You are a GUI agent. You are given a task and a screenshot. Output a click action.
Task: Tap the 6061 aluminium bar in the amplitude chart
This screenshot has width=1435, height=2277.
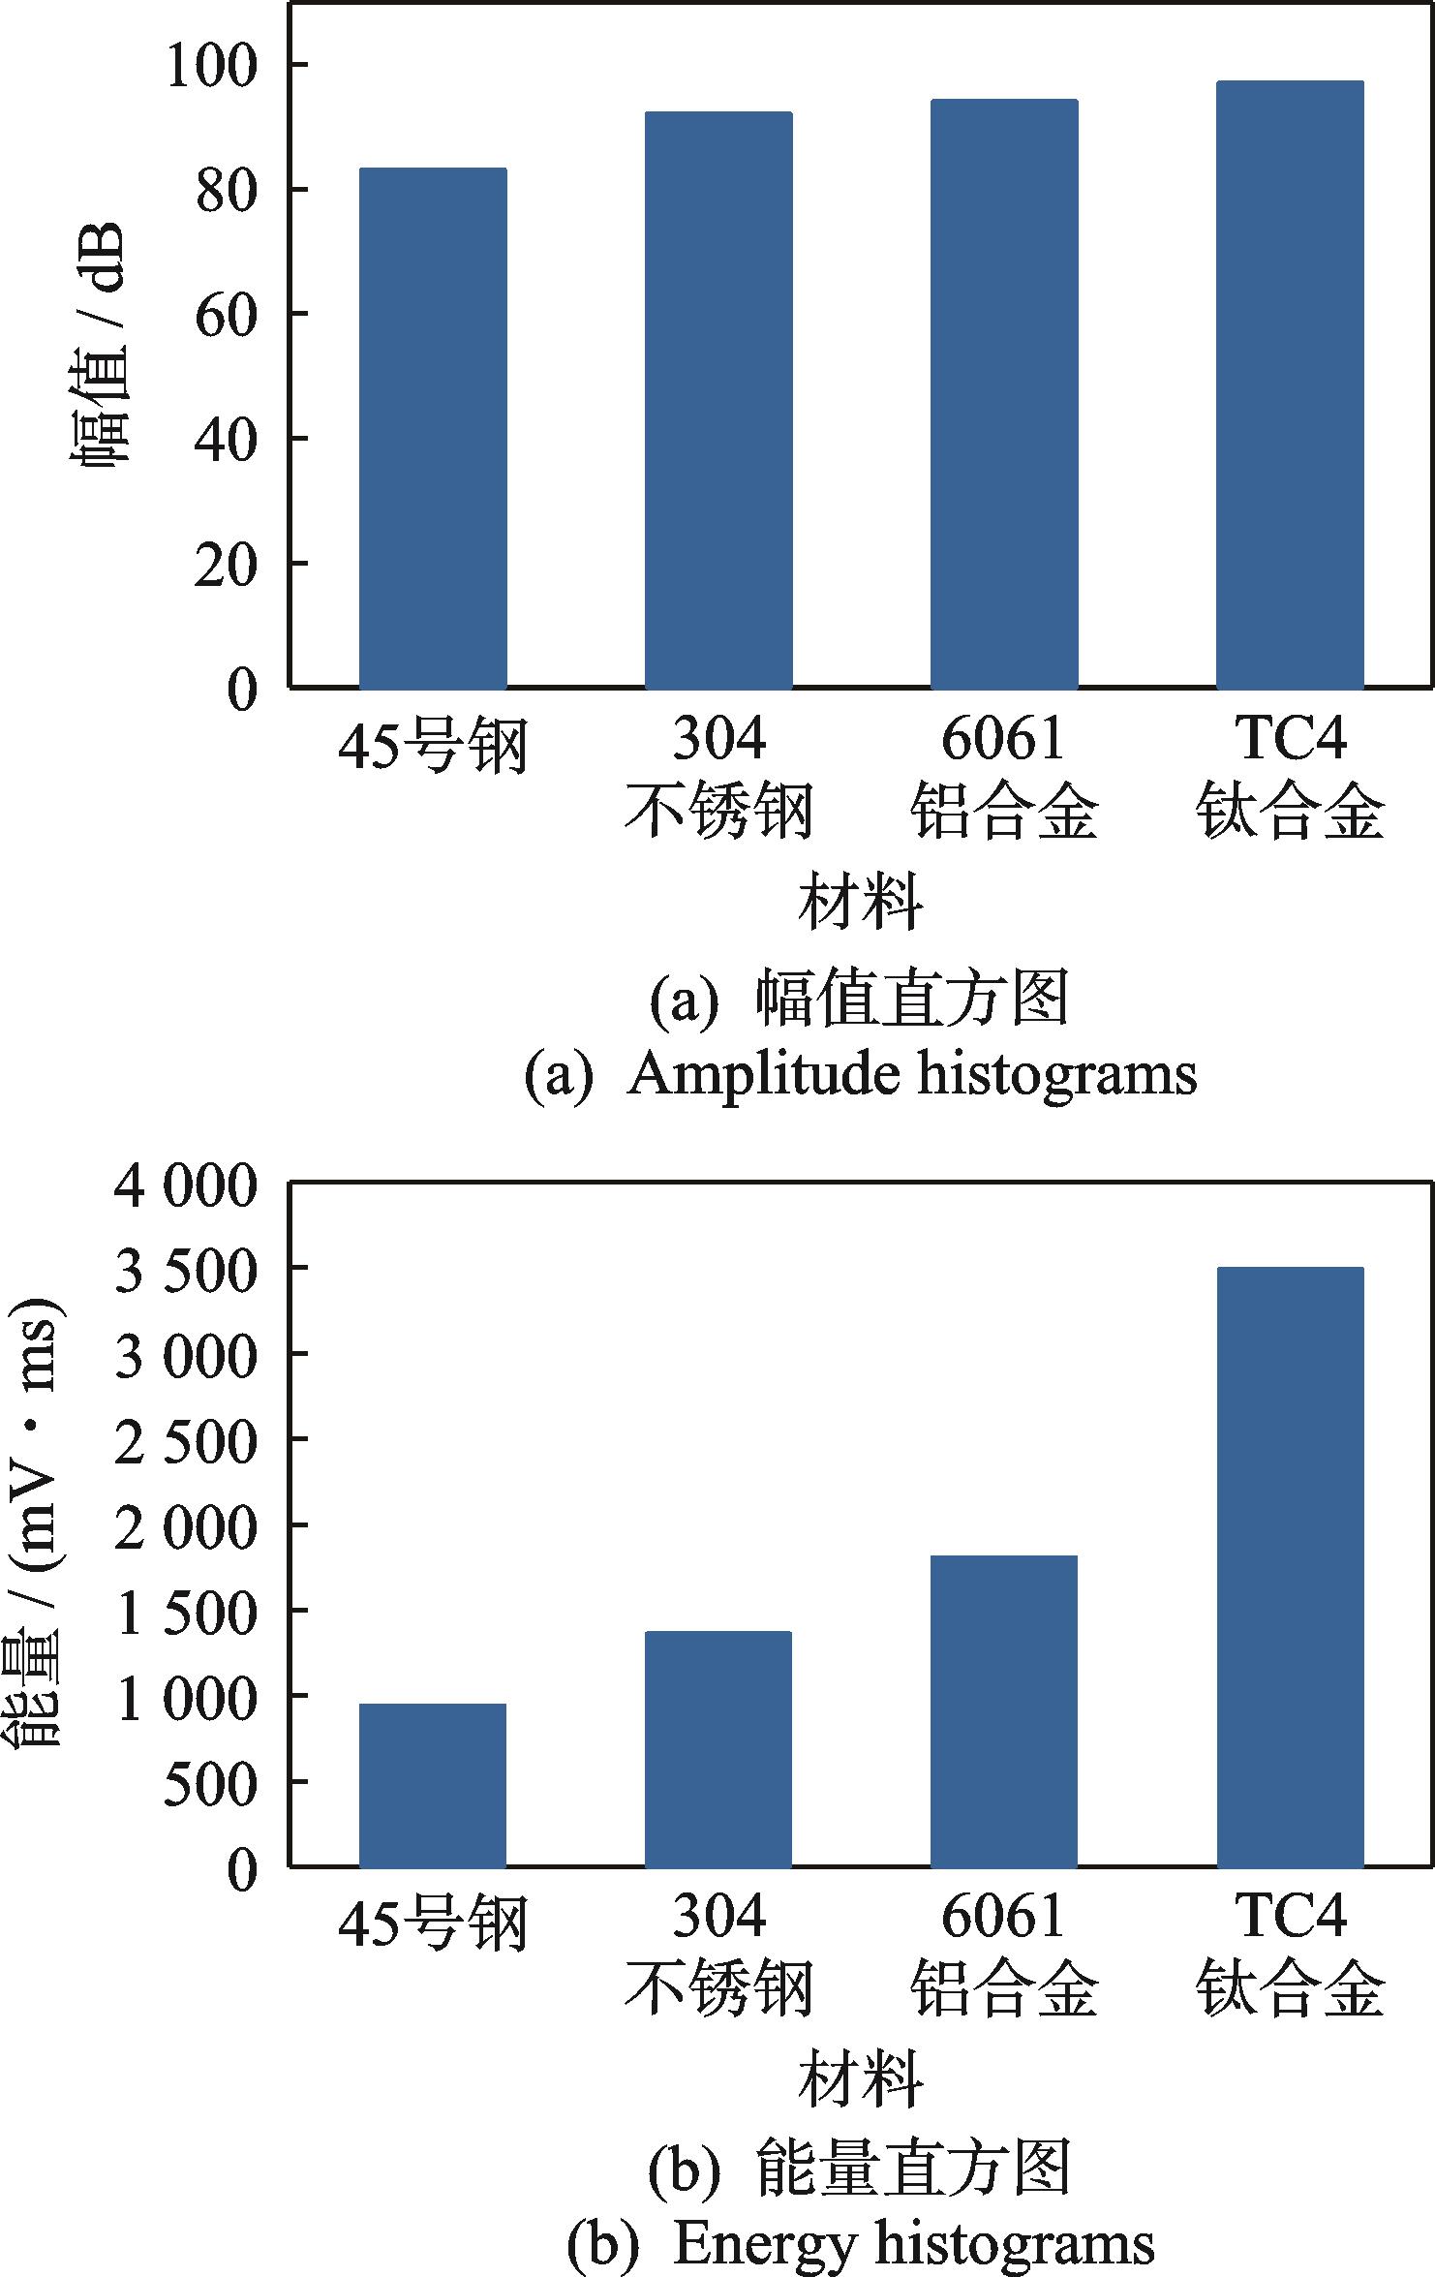[1004, 393]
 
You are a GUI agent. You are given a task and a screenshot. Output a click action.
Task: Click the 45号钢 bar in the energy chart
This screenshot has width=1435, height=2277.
[433, 1784]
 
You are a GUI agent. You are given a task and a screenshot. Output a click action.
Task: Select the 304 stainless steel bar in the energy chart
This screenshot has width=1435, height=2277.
[718, 1748]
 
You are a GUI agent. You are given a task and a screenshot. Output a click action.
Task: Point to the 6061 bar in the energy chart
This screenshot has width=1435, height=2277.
[1004, 1710]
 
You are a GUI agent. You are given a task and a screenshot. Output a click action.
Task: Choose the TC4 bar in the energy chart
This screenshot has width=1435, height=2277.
[1290, 1566]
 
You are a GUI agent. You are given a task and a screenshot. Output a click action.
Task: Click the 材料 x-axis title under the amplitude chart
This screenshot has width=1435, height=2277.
[860, 903]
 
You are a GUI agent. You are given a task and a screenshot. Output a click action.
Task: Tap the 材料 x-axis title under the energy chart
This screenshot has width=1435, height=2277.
[860, 2079]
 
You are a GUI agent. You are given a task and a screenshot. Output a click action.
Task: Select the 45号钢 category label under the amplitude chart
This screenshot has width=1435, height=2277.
[433, 747]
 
